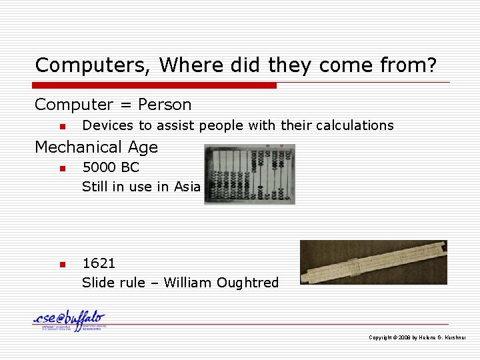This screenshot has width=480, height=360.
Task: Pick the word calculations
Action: point(354,125)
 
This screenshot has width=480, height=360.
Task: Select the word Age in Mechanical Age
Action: point(143,148)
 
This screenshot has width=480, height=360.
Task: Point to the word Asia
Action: point(187,187)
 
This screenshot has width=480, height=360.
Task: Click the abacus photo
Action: point(249,174)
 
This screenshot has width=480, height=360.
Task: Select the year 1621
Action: point(99,263)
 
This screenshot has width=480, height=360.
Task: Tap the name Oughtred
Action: point(247,283)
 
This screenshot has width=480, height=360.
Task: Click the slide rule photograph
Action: point(373,262)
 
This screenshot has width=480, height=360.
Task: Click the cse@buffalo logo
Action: point(69,321)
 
